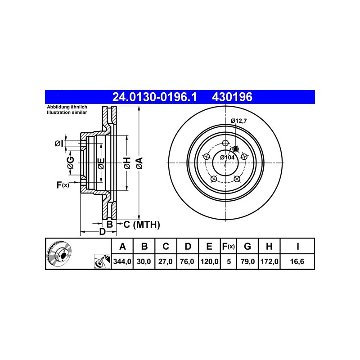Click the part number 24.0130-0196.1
click(154, 97)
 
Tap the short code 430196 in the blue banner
click(232, 97)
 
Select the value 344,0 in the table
click(122, 261)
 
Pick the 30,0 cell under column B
click(144, 261)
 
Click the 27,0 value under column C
click(165, 261)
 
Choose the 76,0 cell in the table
click(187, 261)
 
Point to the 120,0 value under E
click(209, 261)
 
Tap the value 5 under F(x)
click(229, 261)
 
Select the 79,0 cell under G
click(247, 261)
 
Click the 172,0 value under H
click(269, 261)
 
